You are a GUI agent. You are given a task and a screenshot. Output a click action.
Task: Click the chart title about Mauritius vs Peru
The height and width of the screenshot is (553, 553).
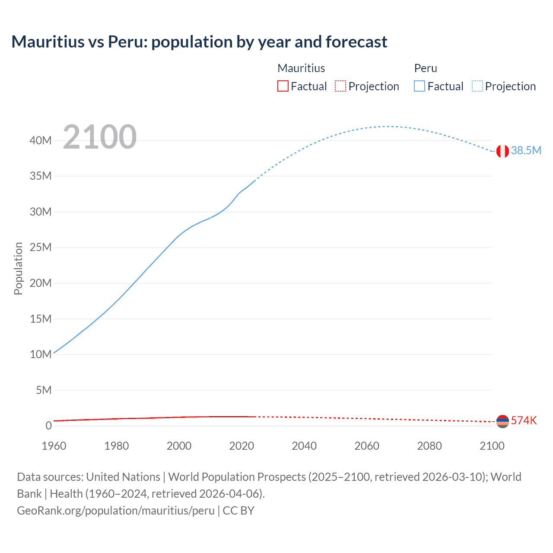(199, 42)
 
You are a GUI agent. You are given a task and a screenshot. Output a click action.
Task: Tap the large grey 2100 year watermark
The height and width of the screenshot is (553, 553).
(100, 137)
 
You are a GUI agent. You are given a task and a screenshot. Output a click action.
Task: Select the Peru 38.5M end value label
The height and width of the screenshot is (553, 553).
(526, 150)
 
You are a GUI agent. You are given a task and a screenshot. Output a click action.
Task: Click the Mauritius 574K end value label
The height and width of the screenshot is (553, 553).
(524, 420)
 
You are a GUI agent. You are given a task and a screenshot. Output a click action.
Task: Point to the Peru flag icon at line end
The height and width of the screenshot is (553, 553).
(502, 151)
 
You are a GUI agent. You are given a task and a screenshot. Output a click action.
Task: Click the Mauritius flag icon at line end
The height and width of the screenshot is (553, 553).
(502, 421)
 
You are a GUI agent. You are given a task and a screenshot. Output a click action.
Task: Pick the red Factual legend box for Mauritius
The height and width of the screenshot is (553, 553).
(283, 86)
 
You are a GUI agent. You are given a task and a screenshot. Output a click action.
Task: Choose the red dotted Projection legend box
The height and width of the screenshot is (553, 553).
(340, 86)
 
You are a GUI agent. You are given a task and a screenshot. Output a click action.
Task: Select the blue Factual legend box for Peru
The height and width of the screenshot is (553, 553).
(420, 86)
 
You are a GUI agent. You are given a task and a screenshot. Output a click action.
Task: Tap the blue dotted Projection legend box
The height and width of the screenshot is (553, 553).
(477, 86)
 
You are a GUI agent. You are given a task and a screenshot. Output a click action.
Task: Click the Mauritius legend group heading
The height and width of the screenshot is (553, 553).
(301, 68)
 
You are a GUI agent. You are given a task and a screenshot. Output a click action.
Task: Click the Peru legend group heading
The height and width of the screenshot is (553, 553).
(426, 68)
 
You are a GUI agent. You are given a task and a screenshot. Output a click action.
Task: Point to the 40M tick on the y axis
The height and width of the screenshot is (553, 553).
(41, 140)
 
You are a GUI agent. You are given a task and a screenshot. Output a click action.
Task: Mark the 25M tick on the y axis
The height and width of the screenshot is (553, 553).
(41, 248)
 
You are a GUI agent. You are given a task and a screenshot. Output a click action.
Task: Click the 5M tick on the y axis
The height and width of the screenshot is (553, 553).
(43, 390)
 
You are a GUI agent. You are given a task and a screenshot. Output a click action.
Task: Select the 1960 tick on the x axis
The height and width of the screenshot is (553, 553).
(54, 446)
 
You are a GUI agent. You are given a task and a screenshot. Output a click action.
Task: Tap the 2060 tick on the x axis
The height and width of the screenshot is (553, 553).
(367, 446)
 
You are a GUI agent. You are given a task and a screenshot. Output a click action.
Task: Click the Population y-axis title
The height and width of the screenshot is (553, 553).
(18, 268)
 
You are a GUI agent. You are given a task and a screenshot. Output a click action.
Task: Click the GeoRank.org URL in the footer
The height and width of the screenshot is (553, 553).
(116, 511)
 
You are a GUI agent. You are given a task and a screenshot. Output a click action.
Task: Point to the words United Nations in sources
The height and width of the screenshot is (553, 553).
(123, 477)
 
